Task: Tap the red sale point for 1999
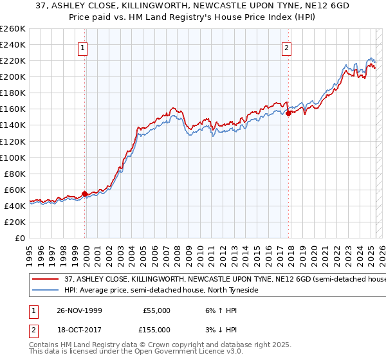(x=85, y=193)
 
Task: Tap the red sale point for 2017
(x=289, y=113)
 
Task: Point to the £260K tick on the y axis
(x=13, y=29)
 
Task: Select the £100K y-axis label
(x=13, y=157)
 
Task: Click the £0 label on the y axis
(x=21, y=238)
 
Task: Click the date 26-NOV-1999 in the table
(x=80, y=310)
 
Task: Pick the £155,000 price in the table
(x=156, y=329)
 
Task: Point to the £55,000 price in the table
(x=156, y=310)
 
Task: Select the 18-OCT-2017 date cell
(x=80, y=329)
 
